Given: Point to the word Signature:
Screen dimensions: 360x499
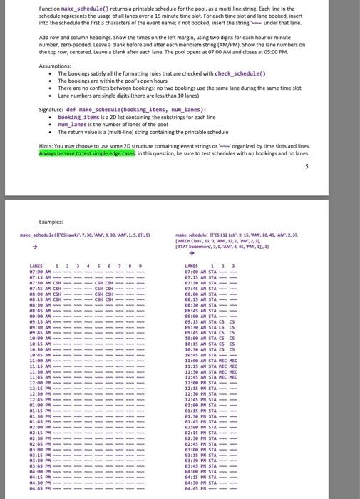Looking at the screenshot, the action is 51,110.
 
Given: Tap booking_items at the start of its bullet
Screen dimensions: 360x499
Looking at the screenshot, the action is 78,117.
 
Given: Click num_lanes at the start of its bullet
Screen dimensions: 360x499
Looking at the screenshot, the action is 72,125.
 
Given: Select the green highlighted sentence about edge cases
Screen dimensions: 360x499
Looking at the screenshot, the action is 87,153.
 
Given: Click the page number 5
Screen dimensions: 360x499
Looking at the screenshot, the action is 306,167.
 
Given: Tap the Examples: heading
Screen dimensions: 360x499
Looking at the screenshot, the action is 52,222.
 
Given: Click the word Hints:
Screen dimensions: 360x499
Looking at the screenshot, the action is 47,145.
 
